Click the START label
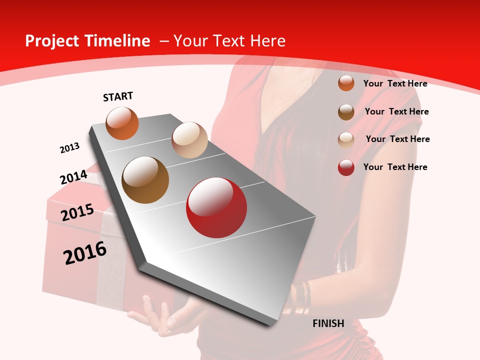(118, 96)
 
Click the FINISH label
(328, 323)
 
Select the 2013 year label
(69, 148)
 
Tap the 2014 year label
(73, 177)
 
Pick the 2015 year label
(77, 212)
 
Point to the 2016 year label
(85, 252)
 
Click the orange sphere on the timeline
(122, 123)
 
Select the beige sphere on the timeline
(189, 140)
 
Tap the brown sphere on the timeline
(145, 180)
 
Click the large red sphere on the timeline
(216, 207)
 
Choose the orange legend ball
(346, 83)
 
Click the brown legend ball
(346, 111)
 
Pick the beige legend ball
(346, 139)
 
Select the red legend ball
(346, 167)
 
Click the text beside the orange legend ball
(395, 83)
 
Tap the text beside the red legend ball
(395, 167)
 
